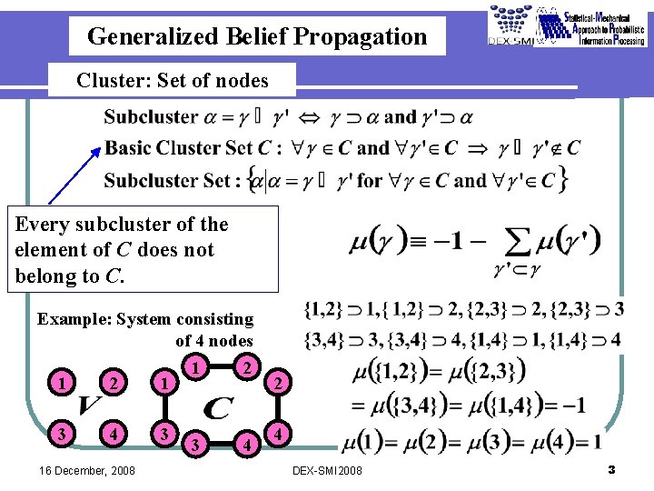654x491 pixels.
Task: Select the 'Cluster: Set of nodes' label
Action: [x=173, y=80]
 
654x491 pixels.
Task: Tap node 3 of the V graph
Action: [x=61, y=432]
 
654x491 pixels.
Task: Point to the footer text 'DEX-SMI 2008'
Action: [x=327, y=471]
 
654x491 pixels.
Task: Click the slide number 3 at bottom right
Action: [x=611, y=469]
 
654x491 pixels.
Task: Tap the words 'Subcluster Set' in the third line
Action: [x=169, y=180]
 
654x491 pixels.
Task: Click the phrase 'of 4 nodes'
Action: [x=214, y=341]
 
